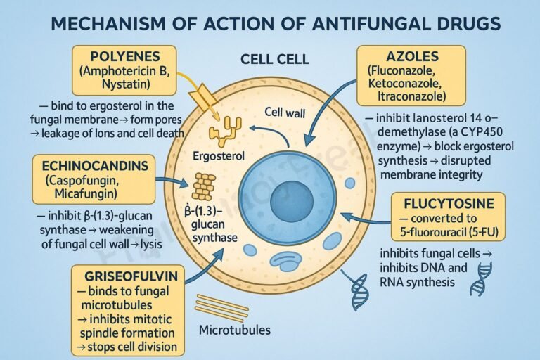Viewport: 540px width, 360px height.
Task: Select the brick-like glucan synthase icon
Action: coord(204,187)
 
